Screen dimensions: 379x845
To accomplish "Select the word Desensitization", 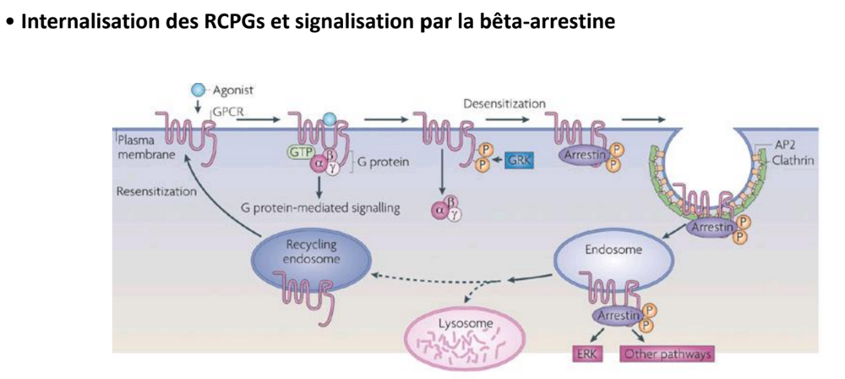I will [x=504, y=103].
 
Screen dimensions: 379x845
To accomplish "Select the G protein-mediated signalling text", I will [x=319, y=206].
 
